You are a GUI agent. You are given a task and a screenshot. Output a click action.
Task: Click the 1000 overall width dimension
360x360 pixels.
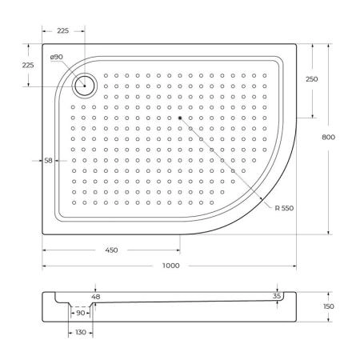point(170,266)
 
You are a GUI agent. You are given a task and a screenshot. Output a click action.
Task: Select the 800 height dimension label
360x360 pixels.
point(328,137)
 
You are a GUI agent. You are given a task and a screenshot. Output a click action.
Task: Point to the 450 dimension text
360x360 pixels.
point(111,250)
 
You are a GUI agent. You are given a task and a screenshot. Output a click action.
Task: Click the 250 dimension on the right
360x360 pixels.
point(311,78)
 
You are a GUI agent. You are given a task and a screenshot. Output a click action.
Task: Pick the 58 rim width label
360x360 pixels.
point(48,161)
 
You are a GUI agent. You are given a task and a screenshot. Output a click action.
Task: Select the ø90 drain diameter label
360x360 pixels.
point(56,58)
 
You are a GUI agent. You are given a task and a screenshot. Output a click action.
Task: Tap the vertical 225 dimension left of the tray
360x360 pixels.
point(27,66)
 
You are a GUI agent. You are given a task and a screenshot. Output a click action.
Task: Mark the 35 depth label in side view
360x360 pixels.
point(277,295)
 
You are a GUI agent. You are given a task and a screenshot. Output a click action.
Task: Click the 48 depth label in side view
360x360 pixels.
point(96,296)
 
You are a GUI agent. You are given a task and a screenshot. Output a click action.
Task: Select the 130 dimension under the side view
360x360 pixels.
point(81,332)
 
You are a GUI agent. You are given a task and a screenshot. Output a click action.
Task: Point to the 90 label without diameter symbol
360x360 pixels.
point(80,314)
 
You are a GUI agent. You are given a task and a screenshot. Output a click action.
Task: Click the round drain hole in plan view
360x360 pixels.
point(83,83)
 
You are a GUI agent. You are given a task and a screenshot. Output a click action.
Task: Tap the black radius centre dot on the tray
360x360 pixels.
point(181,118)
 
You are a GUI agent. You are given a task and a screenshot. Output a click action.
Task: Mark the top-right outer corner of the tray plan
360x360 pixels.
point(297,44)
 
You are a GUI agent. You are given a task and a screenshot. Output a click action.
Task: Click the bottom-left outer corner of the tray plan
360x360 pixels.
point(42,234)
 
